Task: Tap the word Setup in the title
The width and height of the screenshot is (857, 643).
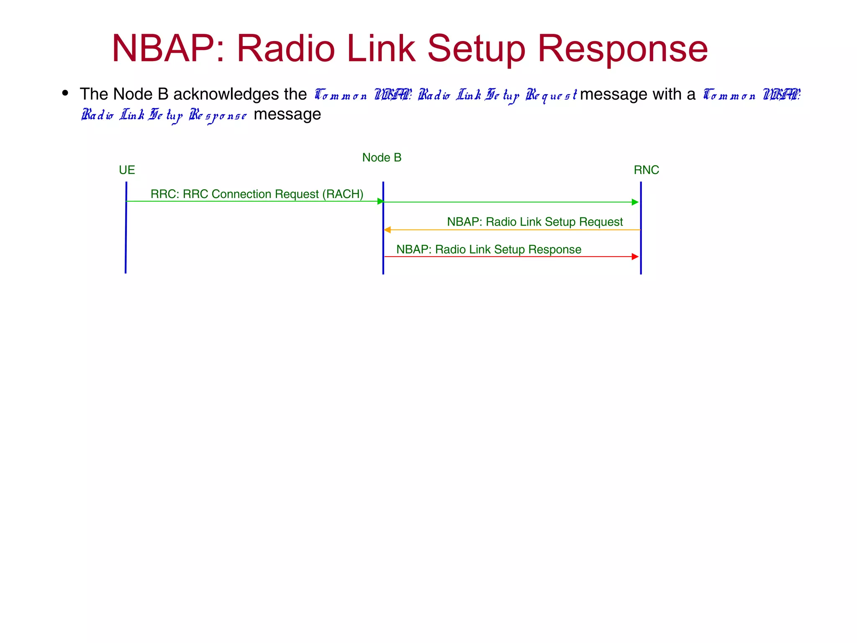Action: click(476, 49)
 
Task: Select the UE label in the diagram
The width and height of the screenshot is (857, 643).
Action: click(127, 170)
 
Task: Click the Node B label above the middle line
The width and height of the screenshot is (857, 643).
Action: click(382, 157)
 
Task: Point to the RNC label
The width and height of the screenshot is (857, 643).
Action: click(646, 170)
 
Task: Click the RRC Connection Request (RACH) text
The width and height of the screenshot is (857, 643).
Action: click(257, 194)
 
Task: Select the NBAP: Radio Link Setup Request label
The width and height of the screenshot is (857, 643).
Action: click(535, 221)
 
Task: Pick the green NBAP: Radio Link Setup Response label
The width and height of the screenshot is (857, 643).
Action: click(489, 249)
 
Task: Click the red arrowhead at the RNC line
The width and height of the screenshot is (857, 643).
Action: click(635, 257)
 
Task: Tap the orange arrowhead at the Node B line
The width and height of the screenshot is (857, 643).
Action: click(387, 230)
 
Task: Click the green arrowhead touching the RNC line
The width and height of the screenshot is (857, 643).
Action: click(635, 202)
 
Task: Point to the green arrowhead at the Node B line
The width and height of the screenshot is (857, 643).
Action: click(380, 201)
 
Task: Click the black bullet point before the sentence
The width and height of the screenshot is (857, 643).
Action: click(65, 93)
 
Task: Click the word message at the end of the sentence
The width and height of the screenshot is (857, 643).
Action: click(287, 114)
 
